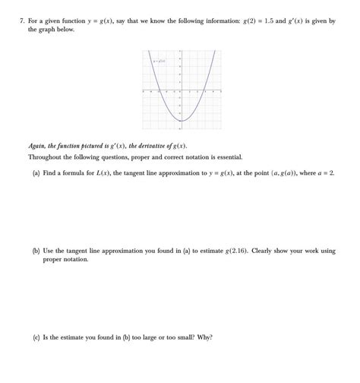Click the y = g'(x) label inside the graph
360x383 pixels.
click(159, 60)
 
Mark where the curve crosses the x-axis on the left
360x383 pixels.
click(158, 92)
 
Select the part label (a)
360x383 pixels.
click(36, 173)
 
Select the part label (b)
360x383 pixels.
click(36, 250)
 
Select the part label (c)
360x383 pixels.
click(36, 337)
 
